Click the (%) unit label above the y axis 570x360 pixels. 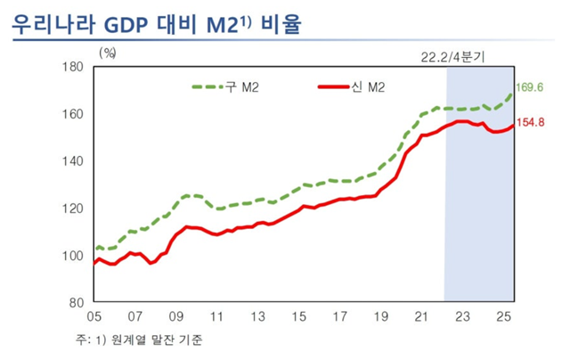click(x=110, y=54)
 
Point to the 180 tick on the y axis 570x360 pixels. click(x=74, y=68)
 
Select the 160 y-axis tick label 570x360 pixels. click(x=74, y=114)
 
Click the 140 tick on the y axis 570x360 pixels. click(x=74, y=161)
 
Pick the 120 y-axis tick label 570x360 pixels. click(x=74, y=209)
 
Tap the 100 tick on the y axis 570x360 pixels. click(x=74, y=256)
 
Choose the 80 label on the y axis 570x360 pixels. click(x=77, y=303)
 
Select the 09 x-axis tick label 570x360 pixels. click(x=176, y=317)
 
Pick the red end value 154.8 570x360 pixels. click(x=531, y=123)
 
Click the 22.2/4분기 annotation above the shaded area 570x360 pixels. click(x=452, y=55)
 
